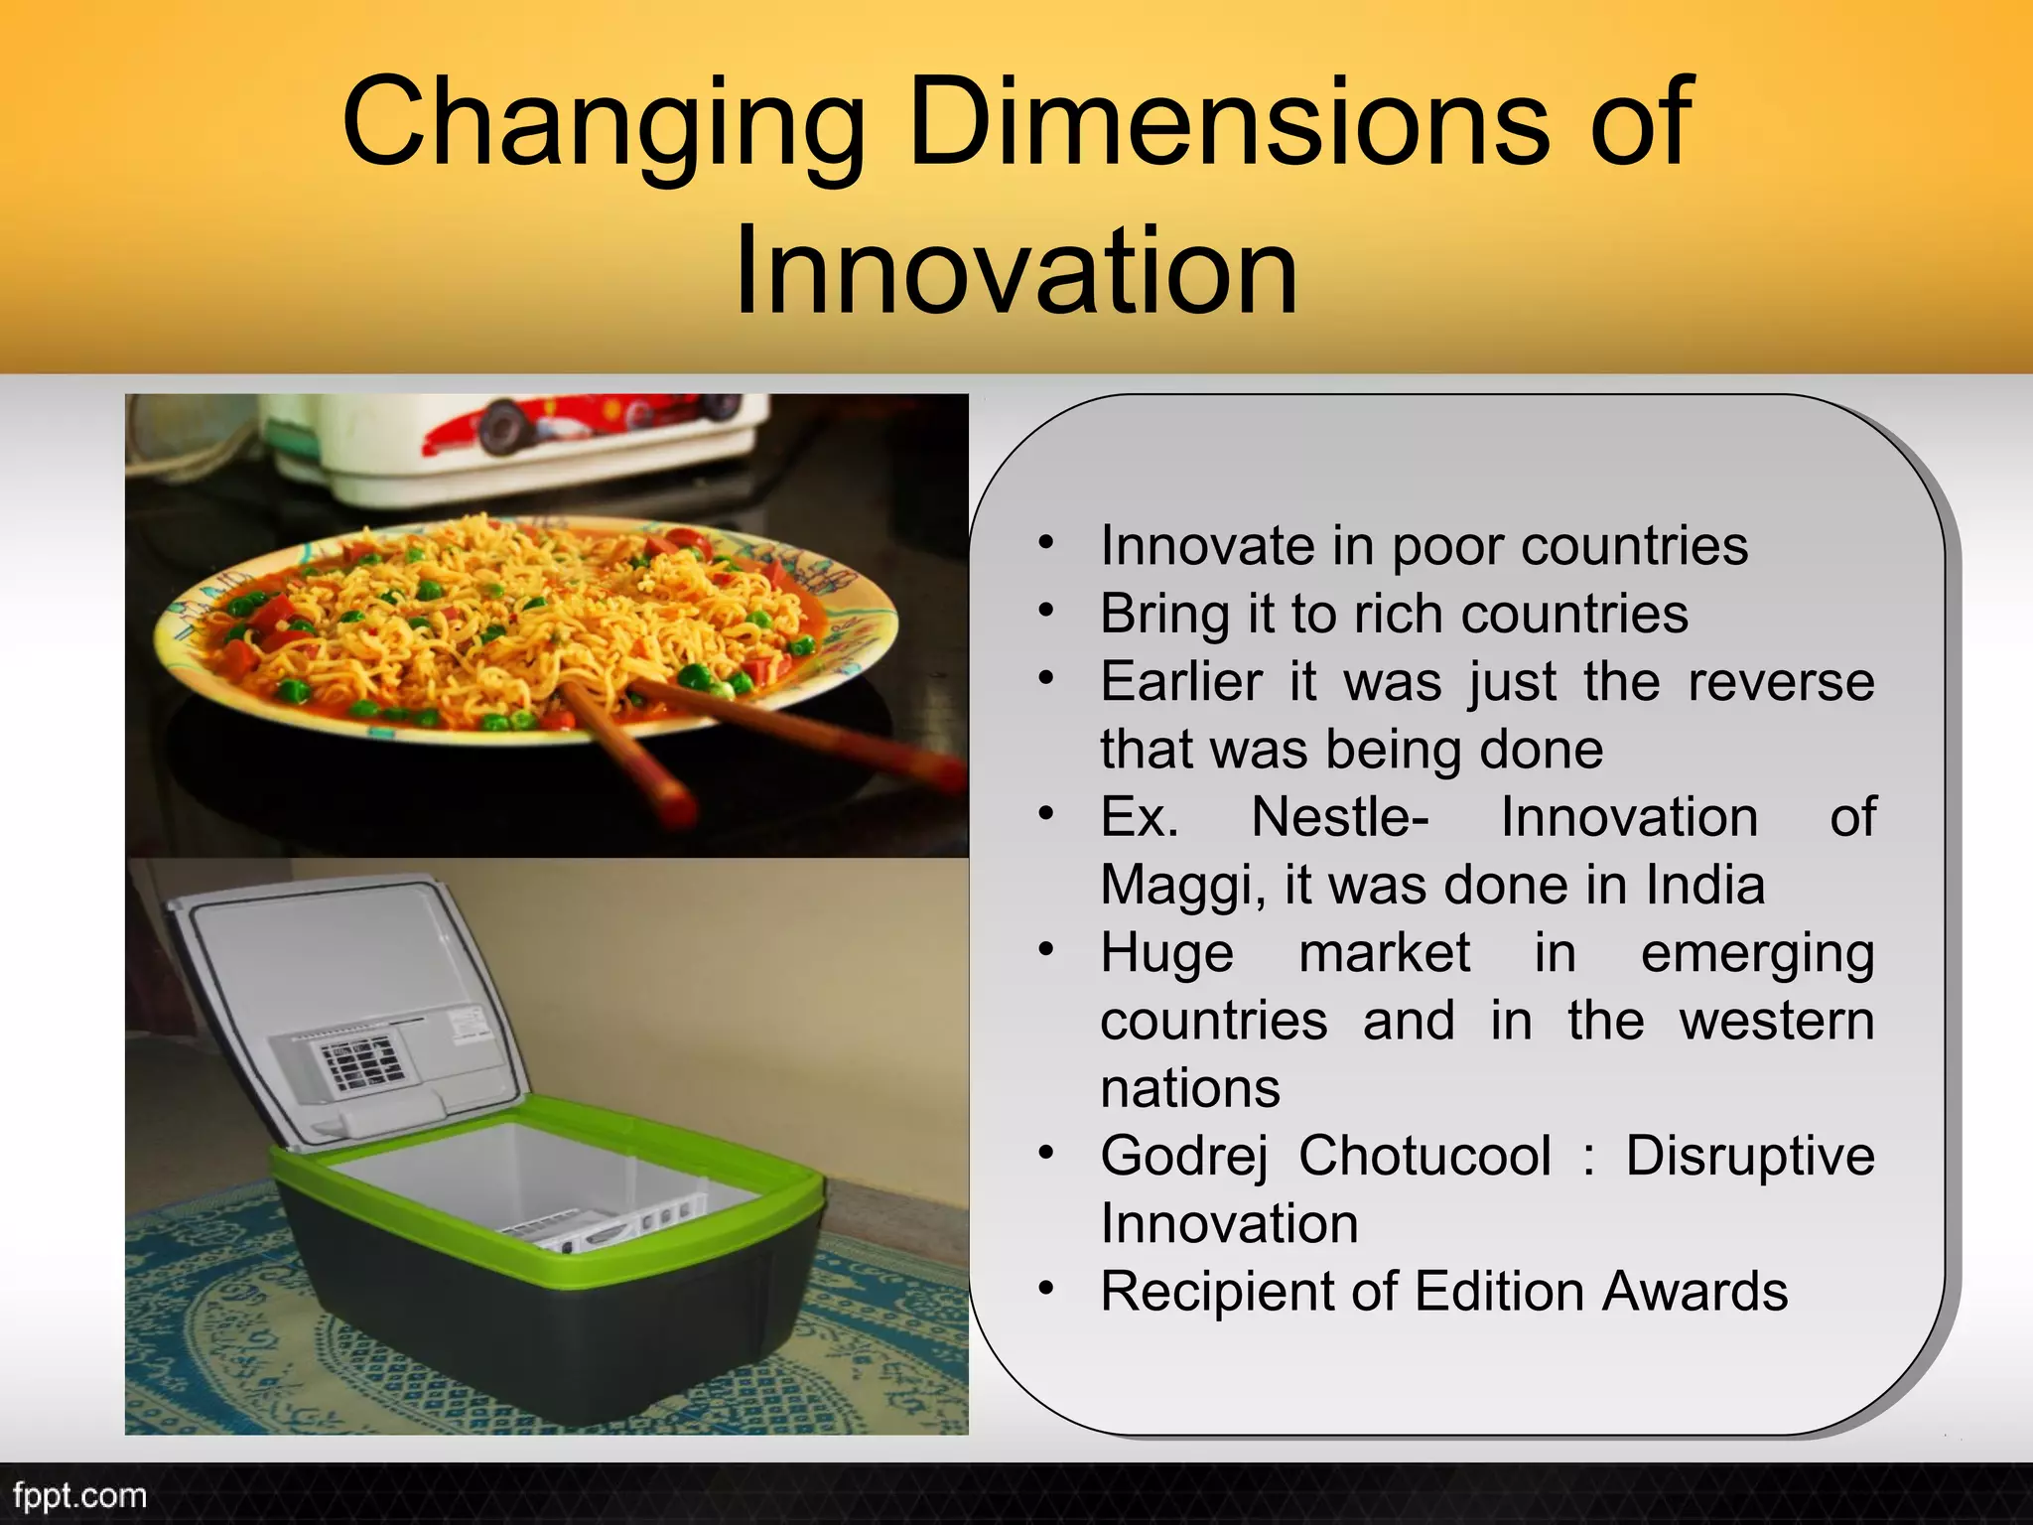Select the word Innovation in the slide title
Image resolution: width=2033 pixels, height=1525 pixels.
1016,270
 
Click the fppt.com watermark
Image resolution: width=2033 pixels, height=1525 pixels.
79,1496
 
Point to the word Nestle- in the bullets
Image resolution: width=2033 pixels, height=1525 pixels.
1339,818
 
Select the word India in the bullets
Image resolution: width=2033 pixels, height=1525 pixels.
1704,885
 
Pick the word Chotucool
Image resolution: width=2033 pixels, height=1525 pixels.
1424,1157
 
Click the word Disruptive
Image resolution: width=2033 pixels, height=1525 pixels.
1749,1157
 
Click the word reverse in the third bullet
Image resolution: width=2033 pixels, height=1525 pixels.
1781,682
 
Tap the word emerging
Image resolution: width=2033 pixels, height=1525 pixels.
1757,954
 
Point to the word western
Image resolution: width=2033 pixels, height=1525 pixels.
1776,1022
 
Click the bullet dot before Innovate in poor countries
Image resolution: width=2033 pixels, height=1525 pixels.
1045,544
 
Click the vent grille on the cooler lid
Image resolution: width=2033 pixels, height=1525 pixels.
357,1060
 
